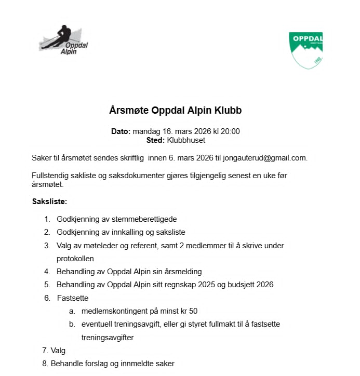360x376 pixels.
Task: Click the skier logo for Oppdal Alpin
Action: point(63,39)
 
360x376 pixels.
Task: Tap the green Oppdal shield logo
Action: point(306,50)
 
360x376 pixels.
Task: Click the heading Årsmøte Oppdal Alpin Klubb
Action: point(176,111)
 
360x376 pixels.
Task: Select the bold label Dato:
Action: point(121,131)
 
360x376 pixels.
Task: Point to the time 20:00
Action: point(230,131)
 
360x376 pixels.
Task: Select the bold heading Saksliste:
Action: point(50,201)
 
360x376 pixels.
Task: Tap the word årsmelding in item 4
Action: point(182,271)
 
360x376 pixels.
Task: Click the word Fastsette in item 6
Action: point(73,298)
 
